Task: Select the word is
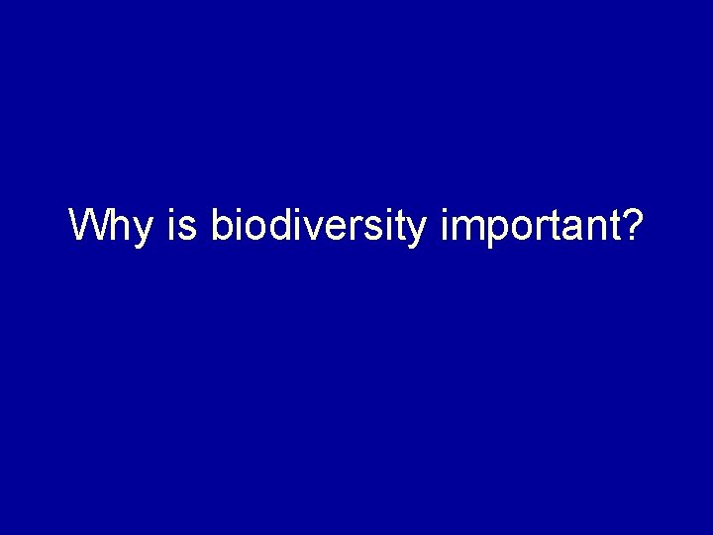pos(184,226)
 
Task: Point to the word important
pos(525,226)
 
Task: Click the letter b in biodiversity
pos(221,226)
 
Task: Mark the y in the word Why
pos(143,232)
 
